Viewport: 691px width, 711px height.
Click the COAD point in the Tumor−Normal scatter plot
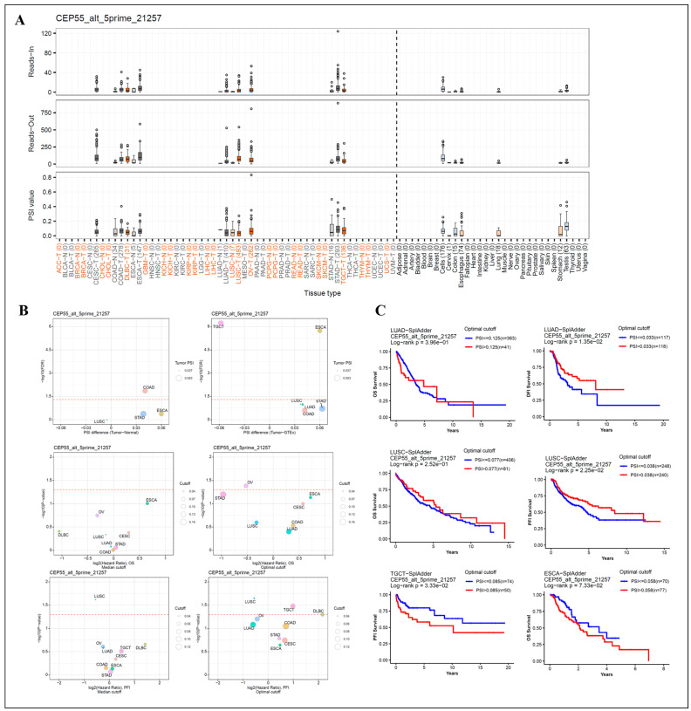[147, 390]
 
